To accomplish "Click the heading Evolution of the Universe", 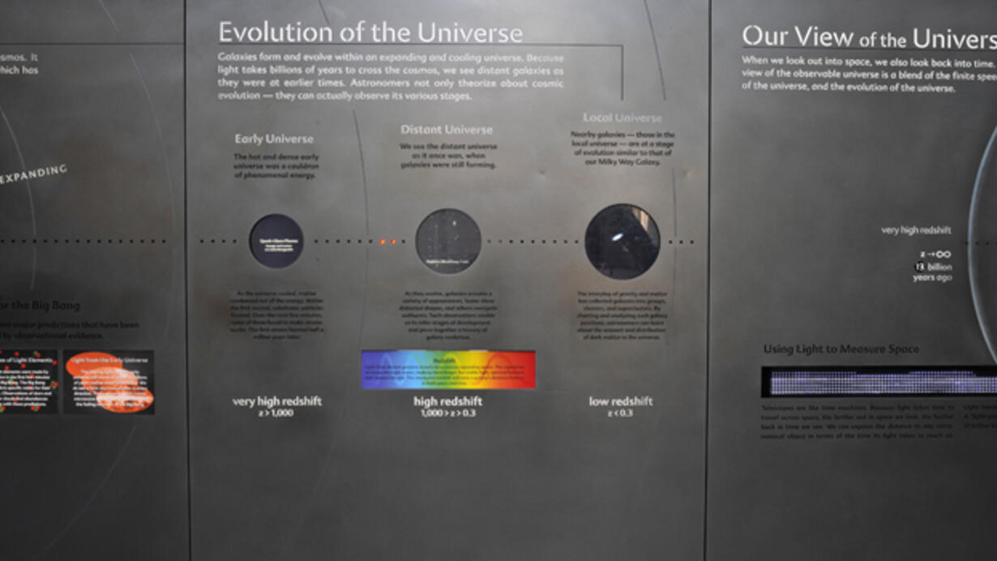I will point(370,33).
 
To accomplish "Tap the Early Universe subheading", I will point(274,139).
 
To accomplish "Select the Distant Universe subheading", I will point(446,130).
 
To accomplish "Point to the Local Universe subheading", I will point(622,118).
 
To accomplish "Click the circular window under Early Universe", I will point(276,241).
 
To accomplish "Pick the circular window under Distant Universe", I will point(448,241).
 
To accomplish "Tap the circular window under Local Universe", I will point(622,241).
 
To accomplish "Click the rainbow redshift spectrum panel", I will point(447,370).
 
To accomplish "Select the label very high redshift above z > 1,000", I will point(276,401).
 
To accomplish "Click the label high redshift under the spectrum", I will point(447,401).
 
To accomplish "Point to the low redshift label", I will point(621,401).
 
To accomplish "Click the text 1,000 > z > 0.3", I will point(447,413).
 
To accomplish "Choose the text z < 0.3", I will point(620,413).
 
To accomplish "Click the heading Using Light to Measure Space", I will point(841,349).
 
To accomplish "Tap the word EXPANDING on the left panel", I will point(35,174).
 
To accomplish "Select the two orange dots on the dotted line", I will point(388,242).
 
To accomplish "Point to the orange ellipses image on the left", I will point(109,382).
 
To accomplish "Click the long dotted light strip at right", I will point(879,381).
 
